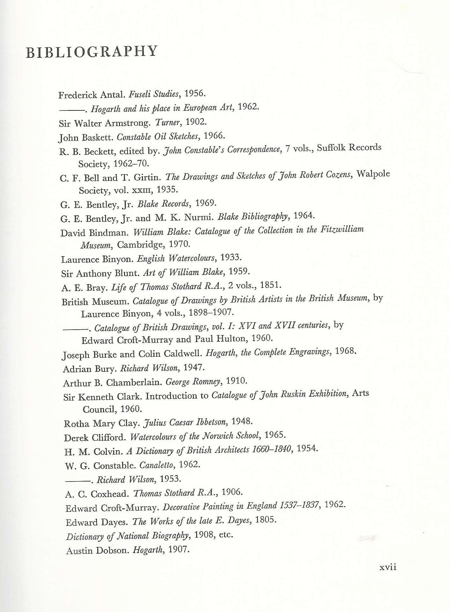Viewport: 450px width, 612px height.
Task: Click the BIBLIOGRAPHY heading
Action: pos(92,52)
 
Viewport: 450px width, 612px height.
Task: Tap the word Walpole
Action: pos(373,174)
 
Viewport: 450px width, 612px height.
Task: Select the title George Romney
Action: pos(193,382)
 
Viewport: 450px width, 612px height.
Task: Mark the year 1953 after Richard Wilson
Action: pos(170,479)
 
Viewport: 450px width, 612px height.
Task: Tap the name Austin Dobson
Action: pos(97,551)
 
